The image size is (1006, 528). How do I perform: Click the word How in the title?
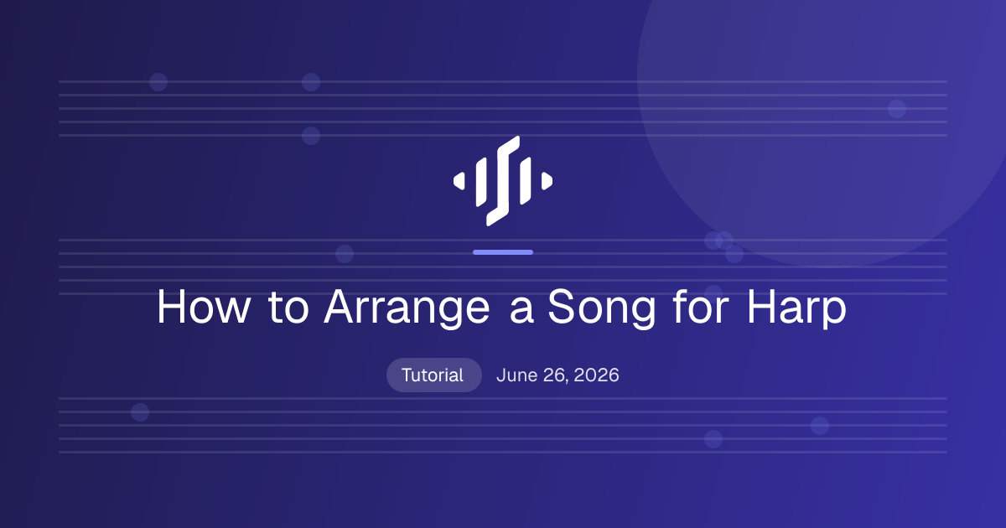coord(203,306)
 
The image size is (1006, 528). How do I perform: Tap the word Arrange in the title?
coord(407,309)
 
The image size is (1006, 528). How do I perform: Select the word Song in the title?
coord(602,308)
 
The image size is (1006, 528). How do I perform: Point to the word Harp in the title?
coord(796,309)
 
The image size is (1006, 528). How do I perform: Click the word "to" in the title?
coord(288,307)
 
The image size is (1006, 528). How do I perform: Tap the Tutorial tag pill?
coord(434,375)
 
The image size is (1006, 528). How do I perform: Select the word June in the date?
coord(516,375)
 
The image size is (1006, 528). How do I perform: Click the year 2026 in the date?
coord(596,375)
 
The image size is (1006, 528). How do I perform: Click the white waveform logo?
coord(503,181)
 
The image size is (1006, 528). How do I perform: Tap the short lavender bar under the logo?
coord(503,252)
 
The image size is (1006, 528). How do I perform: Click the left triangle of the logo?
coord(459,181)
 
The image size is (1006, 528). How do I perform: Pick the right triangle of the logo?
coord(547,181)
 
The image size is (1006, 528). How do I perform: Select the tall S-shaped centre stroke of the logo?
coord(503,181)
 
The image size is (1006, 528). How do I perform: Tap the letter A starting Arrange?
coord(340,306)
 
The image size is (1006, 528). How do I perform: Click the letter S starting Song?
coord(562,306)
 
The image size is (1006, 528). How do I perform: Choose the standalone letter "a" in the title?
coord(521,311)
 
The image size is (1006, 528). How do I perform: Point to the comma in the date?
coord(568,381)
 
